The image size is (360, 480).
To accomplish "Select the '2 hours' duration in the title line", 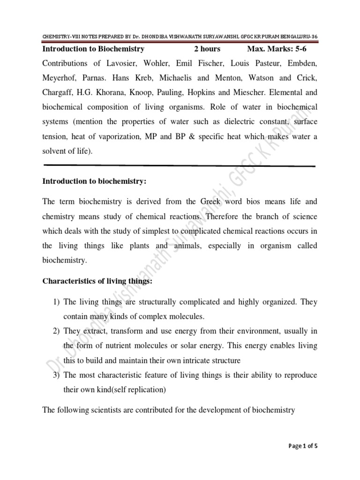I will [207, 49].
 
